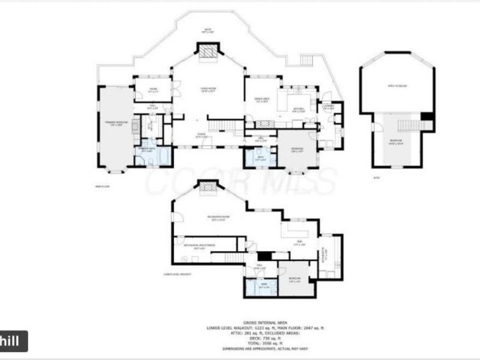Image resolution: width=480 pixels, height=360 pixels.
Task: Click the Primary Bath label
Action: pyautogui.click(x=147, y=150)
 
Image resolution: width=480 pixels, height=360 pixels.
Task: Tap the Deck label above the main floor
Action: pyautogui.click(x=208, y=30)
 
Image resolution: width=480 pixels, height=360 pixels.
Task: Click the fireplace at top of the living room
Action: pyautogui.click(x=208, y=53)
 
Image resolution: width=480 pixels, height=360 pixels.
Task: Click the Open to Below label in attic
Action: pyautogui.click(x=397, y=86)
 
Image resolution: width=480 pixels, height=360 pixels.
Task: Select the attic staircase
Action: pyautogui.click(x=407, y=125)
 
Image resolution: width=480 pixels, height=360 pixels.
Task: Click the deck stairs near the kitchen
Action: pyautogui.click(x=307, y=62)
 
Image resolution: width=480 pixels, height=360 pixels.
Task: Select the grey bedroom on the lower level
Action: pyautogui.click(x=295, y=279)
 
